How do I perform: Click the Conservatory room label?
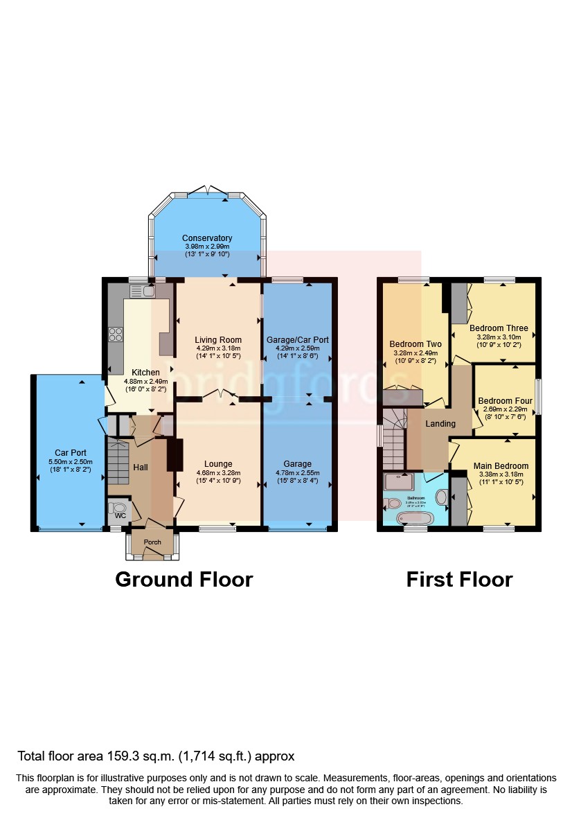[206, 238]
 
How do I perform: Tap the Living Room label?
[219, 340]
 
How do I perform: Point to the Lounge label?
[218, 464]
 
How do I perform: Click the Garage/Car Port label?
[298, 340]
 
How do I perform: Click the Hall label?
[141, 468]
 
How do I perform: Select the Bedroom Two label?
[415, 344]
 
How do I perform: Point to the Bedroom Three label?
[499, 328]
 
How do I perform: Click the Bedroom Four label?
[505, 401]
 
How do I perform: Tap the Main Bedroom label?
[501, 466]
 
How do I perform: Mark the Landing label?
[440, 424]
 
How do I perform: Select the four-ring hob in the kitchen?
[115, 335]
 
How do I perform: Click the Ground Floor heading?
[184, 579]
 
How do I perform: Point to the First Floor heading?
[459, 579]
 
